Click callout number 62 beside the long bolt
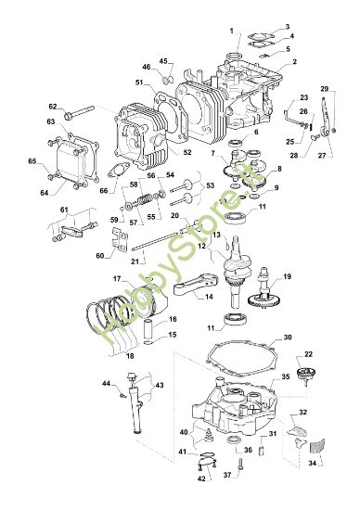click(53, 106)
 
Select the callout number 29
click(324, 89)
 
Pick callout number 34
click(312, 462)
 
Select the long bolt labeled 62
click(85, 108)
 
